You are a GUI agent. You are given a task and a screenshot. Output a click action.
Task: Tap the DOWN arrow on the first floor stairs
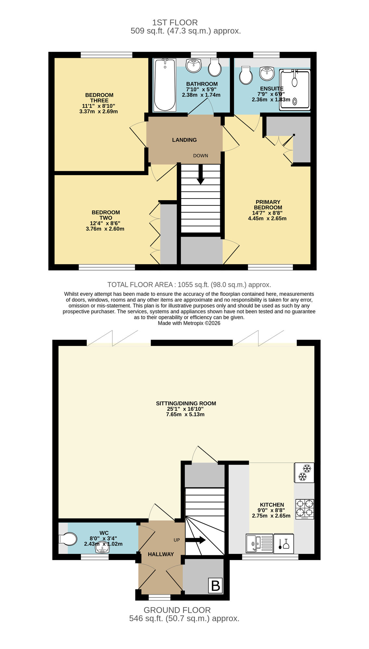tap(201, 175)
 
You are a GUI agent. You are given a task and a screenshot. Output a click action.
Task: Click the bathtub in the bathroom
tap(165, 85)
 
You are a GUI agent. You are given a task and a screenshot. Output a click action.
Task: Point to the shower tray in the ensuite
tap(295, 90)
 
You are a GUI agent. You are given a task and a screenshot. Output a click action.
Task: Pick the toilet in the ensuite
tap(245, 76)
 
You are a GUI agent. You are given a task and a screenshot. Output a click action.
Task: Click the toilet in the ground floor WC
tap(68, 539)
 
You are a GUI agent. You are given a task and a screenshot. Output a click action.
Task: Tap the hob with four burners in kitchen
tap(304, 509)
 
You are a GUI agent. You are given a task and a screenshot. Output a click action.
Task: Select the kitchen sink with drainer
tap(259, 543)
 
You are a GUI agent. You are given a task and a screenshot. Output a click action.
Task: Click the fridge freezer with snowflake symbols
tap(304, 472)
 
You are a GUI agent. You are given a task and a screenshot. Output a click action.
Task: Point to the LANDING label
tap(184, 140)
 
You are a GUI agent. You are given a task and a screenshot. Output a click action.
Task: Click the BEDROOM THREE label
tap(99, 98)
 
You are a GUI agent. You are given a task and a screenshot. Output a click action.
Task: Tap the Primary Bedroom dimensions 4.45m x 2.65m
tap(267, 218)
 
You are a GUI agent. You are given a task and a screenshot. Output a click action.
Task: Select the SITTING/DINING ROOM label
tap(186, 403)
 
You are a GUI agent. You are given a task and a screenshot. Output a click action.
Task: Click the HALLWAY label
tap(161, 554)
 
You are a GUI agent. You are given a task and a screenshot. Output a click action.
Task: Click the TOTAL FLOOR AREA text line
tap(189, 285)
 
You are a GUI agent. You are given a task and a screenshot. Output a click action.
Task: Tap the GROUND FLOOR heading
tap(177, 610)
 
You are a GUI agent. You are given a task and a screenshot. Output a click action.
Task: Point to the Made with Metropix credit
tap(189, 323)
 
